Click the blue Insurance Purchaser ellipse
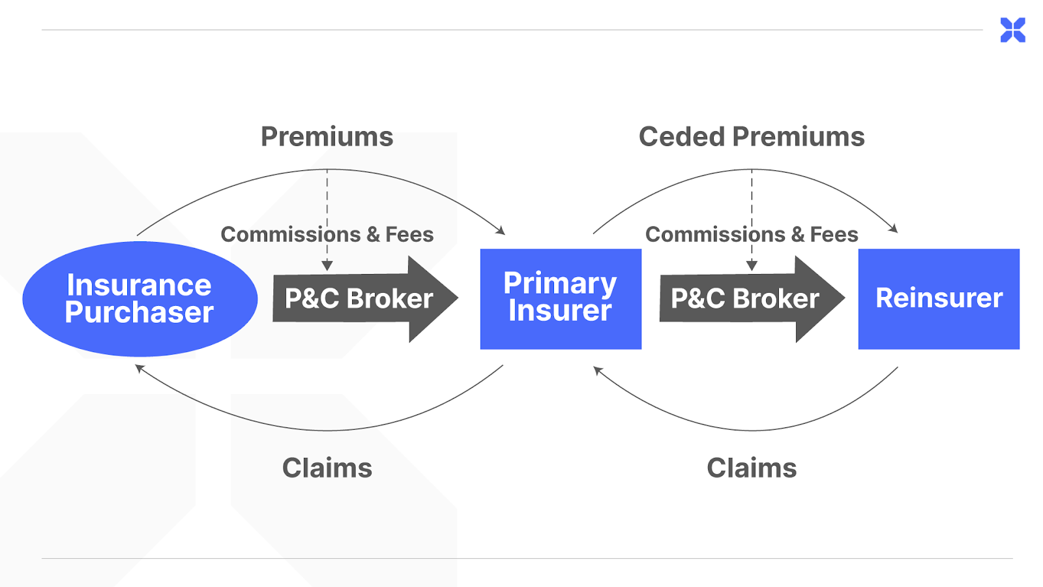click(140, 299)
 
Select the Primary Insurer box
click(561, 299)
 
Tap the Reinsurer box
click(939, 299)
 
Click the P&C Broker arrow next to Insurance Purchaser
click(366, 299)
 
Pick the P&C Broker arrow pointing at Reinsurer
click(752, 299)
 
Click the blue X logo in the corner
click(1013, 30)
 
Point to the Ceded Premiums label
click(752, 137)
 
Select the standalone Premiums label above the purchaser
click(327, 137)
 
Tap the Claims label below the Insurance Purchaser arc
click(327, 468)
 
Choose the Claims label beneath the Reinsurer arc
click(752, 468)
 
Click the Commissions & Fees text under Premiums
click(327, 234)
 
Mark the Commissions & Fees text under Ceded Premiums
click(752, 234)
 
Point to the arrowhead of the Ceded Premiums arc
click(894, 228)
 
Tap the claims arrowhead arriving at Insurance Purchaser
click(140, 369)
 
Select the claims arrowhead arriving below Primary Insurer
click(597, 370)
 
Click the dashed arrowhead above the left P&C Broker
click(327, 265)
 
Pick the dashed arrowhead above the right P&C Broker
click(752, 265)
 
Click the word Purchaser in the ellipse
click(140, 312)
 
